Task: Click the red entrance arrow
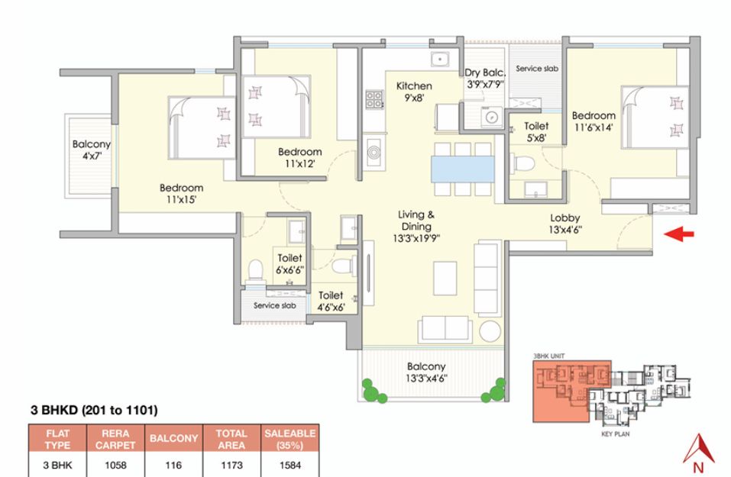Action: (679, 234)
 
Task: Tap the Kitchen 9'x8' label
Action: (414, 92)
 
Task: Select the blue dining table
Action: (462, 169)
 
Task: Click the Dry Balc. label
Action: (485, 73)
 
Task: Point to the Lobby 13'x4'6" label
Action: (565, 224)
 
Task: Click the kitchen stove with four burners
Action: (374, 98)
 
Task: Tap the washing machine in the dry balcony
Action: (491, 117)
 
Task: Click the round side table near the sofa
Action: (490, 331)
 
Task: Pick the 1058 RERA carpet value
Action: (115, 465)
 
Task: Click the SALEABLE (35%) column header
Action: (290, 439)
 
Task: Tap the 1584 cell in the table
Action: (290, 465)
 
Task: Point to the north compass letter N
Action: (698, 467)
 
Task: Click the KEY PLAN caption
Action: (616, 434)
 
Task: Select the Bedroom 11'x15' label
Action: (181, 194)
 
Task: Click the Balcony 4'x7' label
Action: (92, 150)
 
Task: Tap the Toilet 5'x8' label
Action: (536, 132)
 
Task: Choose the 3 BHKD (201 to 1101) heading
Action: (94, 410)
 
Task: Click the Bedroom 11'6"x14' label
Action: (594, 121)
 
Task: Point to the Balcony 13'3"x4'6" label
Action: (426, 372)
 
